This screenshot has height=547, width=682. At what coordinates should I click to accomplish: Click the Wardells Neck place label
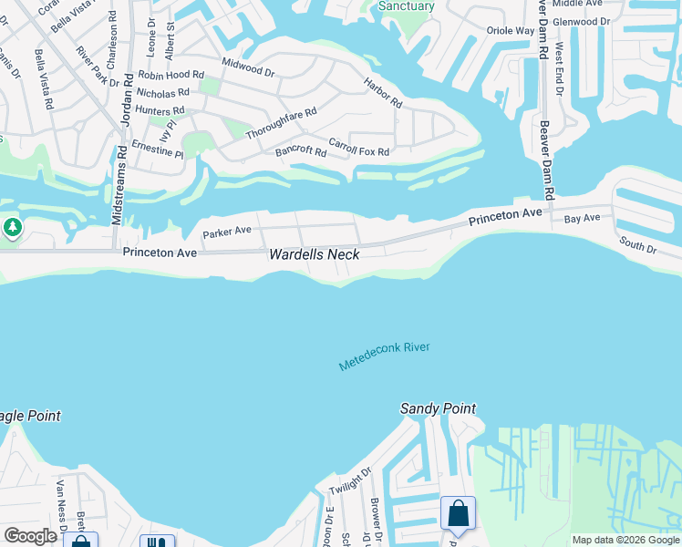(314, 255)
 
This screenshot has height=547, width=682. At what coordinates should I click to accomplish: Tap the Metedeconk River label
(384, 356)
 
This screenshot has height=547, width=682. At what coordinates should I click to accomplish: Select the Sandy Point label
(438, 409)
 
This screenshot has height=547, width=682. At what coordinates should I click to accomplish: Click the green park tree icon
(12, 227)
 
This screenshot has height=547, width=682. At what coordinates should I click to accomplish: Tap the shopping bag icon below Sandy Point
(458, 513)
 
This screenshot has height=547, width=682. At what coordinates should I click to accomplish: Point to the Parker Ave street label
(226, 232)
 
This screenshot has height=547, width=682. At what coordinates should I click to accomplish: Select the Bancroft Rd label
(301, 151)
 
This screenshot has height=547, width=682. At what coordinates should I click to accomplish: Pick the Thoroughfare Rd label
(281, 124)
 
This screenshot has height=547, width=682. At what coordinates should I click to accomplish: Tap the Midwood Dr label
(247, 67)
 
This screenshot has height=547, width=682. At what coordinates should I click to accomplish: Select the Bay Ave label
(582, 219)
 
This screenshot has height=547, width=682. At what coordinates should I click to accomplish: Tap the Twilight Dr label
(350, 481)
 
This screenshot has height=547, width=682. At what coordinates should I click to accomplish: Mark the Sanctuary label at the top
(407, 6)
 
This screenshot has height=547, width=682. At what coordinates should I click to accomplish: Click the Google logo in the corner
(30, 536)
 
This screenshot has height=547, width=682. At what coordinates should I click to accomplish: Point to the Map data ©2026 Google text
(625, 540)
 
